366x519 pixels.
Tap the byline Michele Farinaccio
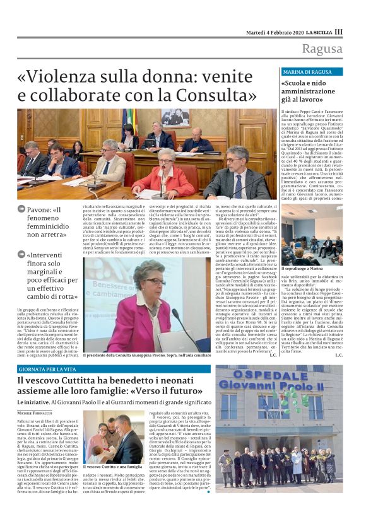point(37,412)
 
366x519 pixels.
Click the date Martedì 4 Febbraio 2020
point(274,32)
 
